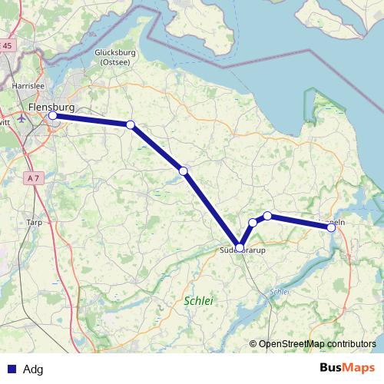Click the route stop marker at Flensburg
tap(53, 116)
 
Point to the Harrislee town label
tap(27, 87)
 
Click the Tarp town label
tap(34, 222)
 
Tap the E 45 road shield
tap(6, 46)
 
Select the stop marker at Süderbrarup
tap(240, 247)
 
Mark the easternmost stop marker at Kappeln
tap(331, 227)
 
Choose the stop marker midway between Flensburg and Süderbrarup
tap(183, 171)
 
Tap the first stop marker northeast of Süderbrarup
tap(253, 223)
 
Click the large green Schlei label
tap(198, 301)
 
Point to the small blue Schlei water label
tap(279, 292)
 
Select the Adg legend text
tap(33, 369)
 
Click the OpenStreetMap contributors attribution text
tap(317, 343)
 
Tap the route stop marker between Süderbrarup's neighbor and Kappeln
tap(267, 216)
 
